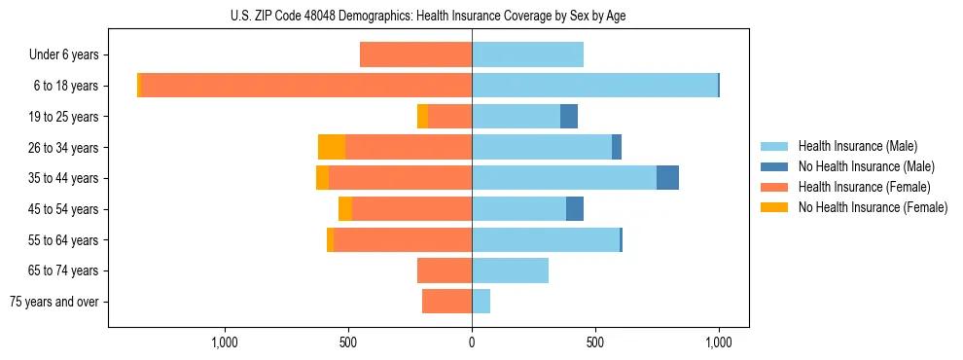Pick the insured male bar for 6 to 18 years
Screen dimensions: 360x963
point(594,86)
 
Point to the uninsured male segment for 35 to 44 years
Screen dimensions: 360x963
point(667,178)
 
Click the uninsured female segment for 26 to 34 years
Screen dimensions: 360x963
point(332,147)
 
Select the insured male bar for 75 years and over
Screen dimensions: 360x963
point(481,302)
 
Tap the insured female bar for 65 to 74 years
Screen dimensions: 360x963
point(445,270)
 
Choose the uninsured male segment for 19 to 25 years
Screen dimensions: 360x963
point(569,117)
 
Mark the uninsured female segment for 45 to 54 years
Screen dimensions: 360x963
point(345,209)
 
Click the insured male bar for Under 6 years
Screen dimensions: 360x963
point(527,55)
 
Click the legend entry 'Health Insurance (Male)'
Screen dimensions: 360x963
point(858,146)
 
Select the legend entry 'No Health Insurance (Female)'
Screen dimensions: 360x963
point(873,207)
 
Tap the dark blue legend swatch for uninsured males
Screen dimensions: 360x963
point(774,166)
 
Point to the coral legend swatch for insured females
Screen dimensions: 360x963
point(774,187)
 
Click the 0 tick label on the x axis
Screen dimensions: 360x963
point(472,342)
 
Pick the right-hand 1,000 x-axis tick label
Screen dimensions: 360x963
point(719,342)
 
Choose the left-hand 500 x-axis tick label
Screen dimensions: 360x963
point(348,342)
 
